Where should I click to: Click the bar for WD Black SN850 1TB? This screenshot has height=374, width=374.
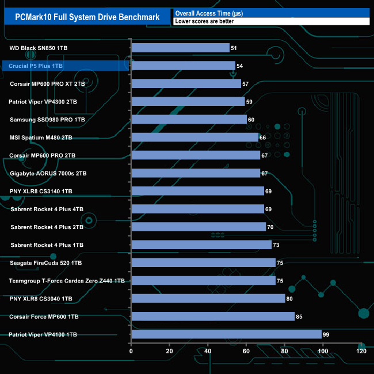click(x=180, y=48)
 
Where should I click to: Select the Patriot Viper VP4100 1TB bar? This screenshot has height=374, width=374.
click(x=226, y=334)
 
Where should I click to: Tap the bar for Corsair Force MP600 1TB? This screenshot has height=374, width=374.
click(x=213, y=316)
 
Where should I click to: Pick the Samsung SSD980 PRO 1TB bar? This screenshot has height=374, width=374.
click(x=189, y=120)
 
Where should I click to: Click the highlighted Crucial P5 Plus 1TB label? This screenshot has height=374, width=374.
click(x=36, y=66)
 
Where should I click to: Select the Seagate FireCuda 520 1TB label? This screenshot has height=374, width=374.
click(x=46, y=263)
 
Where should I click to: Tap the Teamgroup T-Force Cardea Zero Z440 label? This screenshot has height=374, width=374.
click(x=67, y=281)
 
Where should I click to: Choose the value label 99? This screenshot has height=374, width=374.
click(x=326, y=334)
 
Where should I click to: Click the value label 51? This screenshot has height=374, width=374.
click(x=234, y=48)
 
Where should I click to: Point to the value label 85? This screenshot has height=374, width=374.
click(x=299, y=316)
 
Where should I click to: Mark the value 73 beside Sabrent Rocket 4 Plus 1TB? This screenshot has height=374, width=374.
click(x=276, y=245)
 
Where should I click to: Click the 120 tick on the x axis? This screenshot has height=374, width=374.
click(x=361, y=352)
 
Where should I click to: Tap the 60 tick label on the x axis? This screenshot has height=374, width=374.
click(x=246, y=352)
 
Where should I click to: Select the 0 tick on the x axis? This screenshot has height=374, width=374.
click(x=131, y=352)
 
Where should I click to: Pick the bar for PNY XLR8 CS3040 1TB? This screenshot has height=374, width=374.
click(x=208, y=299)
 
